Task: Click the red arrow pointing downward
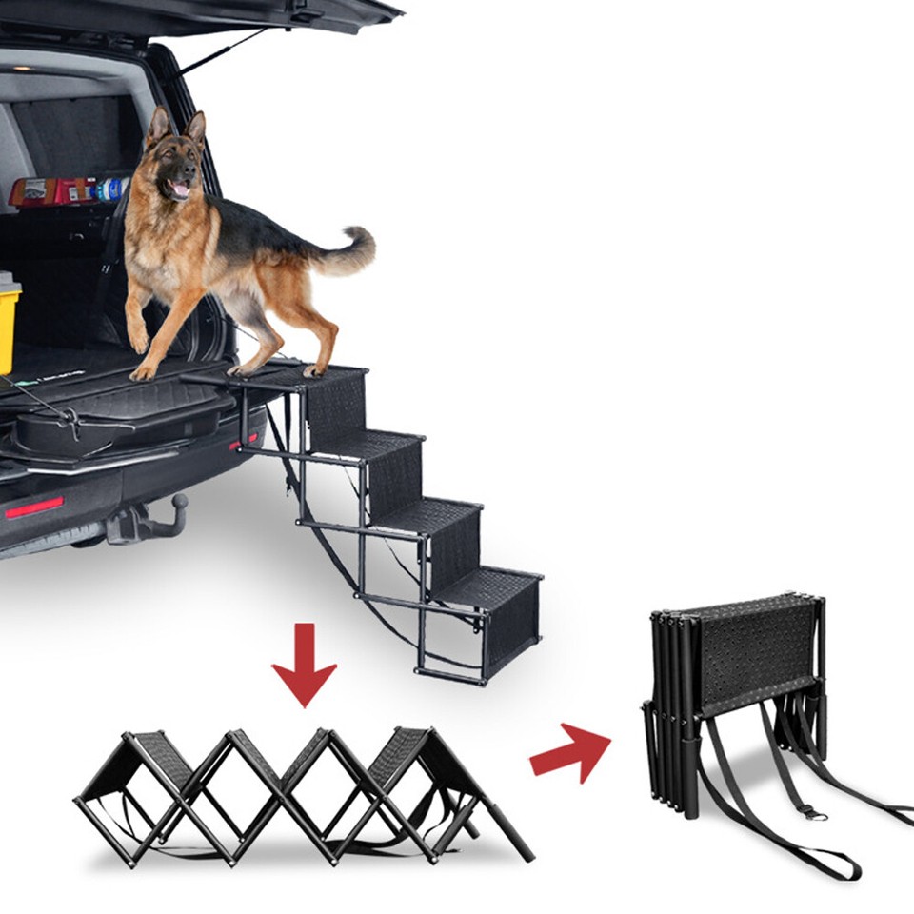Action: click(304, 666)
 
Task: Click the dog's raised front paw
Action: click(139, 338)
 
